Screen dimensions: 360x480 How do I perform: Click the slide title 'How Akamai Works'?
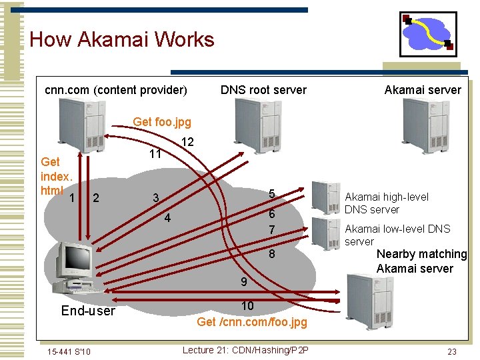122,39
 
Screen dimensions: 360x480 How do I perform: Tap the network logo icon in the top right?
427,34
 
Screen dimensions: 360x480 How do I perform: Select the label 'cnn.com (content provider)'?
115,89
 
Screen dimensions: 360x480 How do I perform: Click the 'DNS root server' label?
263,89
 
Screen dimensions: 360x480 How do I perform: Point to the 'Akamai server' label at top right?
423,89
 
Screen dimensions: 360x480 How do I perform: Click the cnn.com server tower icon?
81,124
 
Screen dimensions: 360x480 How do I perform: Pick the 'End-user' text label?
88,311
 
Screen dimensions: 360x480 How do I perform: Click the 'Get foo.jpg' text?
162,121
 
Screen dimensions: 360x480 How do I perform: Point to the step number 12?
187,142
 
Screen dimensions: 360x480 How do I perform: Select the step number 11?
155,155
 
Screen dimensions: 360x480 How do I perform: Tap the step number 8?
271,254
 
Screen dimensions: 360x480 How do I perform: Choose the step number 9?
244,282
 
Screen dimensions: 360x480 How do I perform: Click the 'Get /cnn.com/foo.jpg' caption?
252,322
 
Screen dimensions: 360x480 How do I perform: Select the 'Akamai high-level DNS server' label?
386,203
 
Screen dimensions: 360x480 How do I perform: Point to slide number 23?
451,351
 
